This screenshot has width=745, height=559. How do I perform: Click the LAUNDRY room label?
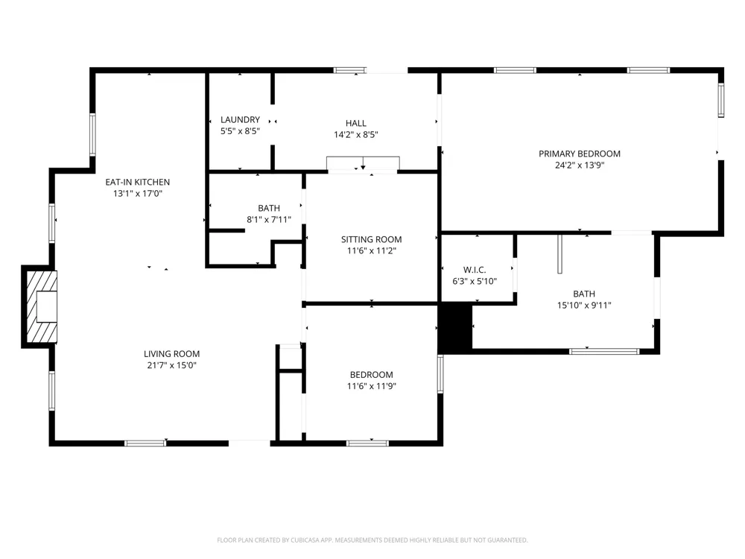(240, 120)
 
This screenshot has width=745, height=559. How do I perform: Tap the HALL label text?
(356, 123)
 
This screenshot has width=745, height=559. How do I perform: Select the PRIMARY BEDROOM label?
(579, 154)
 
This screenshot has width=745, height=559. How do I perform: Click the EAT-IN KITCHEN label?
(137, 182)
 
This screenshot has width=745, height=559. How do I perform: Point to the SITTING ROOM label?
(371, 239)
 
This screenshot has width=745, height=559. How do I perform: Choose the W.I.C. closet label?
(475, 270)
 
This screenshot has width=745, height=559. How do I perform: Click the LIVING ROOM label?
(171, 353)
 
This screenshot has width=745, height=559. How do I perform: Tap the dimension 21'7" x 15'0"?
(171, 365)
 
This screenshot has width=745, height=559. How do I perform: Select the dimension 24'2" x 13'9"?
(579, 165)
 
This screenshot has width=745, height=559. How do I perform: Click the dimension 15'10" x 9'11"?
(584, 305)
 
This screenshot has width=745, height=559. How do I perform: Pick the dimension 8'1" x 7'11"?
(268, 220)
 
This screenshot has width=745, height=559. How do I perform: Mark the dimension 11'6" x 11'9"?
(371, 386)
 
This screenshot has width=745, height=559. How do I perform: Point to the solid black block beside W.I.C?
(454, 328)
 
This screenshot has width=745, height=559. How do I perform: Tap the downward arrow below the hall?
(363, 163)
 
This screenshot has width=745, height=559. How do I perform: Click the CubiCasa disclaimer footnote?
(372, 540)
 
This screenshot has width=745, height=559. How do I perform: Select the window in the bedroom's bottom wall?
(367, 443)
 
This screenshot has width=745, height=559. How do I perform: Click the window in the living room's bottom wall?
(145, 443)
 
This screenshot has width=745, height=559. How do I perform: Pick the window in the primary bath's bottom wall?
(604, 351)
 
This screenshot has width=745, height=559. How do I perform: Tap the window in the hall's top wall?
(349, 70)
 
